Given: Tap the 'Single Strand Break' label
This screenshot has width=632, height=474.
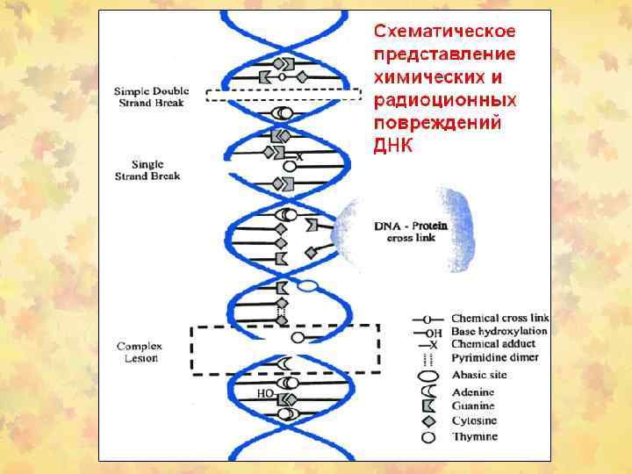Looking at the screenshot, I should click(147, 169).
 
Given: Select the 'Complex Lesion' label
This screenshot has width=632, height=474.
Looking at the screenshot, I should click(139, 352).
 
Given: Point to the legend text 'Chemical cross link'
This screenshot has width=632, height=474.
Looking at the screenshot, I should click(499, 318).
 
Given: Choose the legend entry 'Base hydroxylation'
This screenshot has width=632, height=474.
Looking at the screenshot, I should click(499, 332).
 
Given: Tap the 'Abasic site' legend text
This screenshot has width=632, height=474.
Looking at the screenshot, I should click(479, 375).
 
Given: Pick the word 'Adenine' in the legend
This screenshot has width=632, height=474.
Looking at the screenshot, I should click(474, 392).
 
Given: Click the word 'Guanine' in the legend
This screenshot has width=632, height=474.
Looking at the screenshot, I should click(474, 406).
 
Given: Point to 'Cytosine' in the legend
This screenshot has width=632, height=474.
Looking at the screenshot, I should click(475, 421).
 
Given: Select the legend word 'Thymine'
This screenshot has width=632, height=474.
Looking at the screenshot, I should click(474, 436).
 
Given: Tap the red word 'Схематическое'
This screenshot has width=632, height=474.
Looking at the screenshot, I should click(445, 32).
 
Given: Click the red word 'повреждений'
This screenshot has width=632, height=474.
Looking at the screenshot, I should click(438, 123).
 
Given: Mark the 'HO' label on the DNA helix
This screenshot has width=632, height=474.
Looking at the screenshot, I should click(264, 394).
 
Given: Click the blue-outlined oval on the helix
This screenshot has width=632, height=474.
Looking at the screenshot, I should click(308, 284).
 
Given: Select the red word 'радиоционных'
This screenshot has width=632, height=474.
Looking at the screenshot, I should click(445, 100).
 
